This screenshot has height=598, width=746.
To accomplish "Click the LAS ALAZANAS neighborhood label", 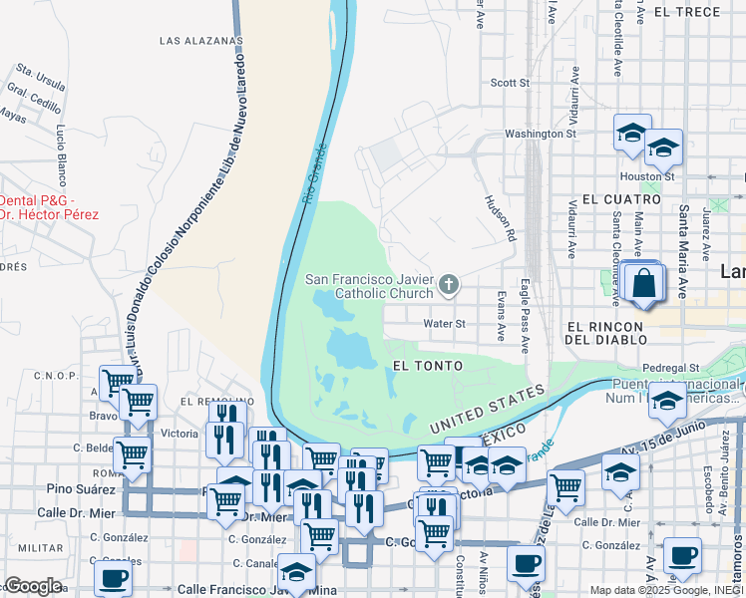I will tap(200, 41).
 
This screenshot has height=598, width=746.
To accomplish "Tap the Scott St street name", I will tap(511, 84).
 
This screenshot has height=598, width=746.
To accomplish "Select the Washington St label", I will tap(541, 134).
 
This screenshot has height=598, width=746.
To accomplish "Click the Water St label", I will tap(445, 324).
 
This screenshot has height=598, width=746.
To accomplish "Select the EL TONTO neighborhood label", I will tap(428, 366).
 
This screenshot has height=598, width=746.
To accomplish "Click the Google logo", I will tap(32, 586).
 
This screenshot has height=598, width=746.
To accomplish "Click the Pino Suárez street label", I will tap(78, 489).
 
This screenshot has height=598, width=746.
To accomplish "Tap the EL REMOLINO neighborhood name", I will tap(211, 401).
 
